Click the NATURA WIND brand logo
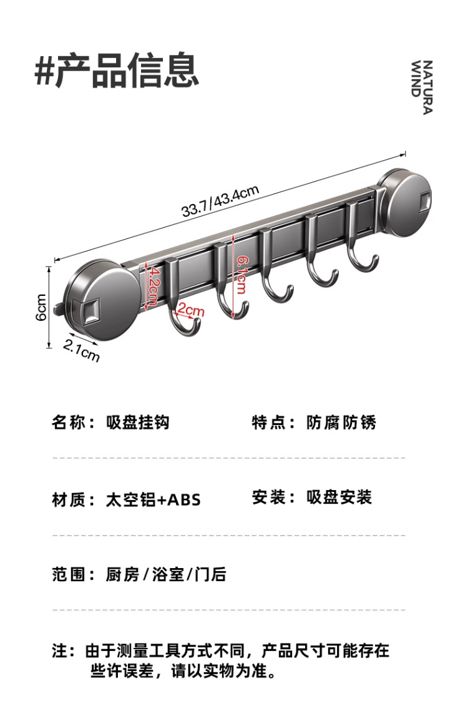point(422,87)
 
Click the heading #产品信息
point(117,71)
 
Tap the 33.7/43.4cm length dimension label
point(220,201)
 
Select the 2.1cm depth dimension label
point(82,351)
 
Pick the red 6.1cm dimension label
point(241,275)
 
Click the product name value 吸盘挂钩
point(138,423)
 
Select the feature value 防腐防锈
point(341,423)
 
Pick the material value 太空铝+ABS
point(154,499)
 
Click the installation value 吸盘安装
point(339,498)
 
